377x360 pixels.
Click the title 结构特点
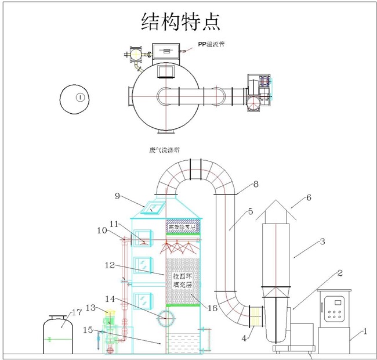point(180,21)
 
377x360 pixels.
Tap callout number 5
point(250,213)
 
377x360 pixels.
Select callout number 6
point(308,197)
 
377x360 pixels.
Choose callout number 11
point(113,224)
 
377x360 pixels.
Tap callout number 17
point(77,312)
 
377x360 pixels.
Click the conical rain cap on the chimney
point(276,211)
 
